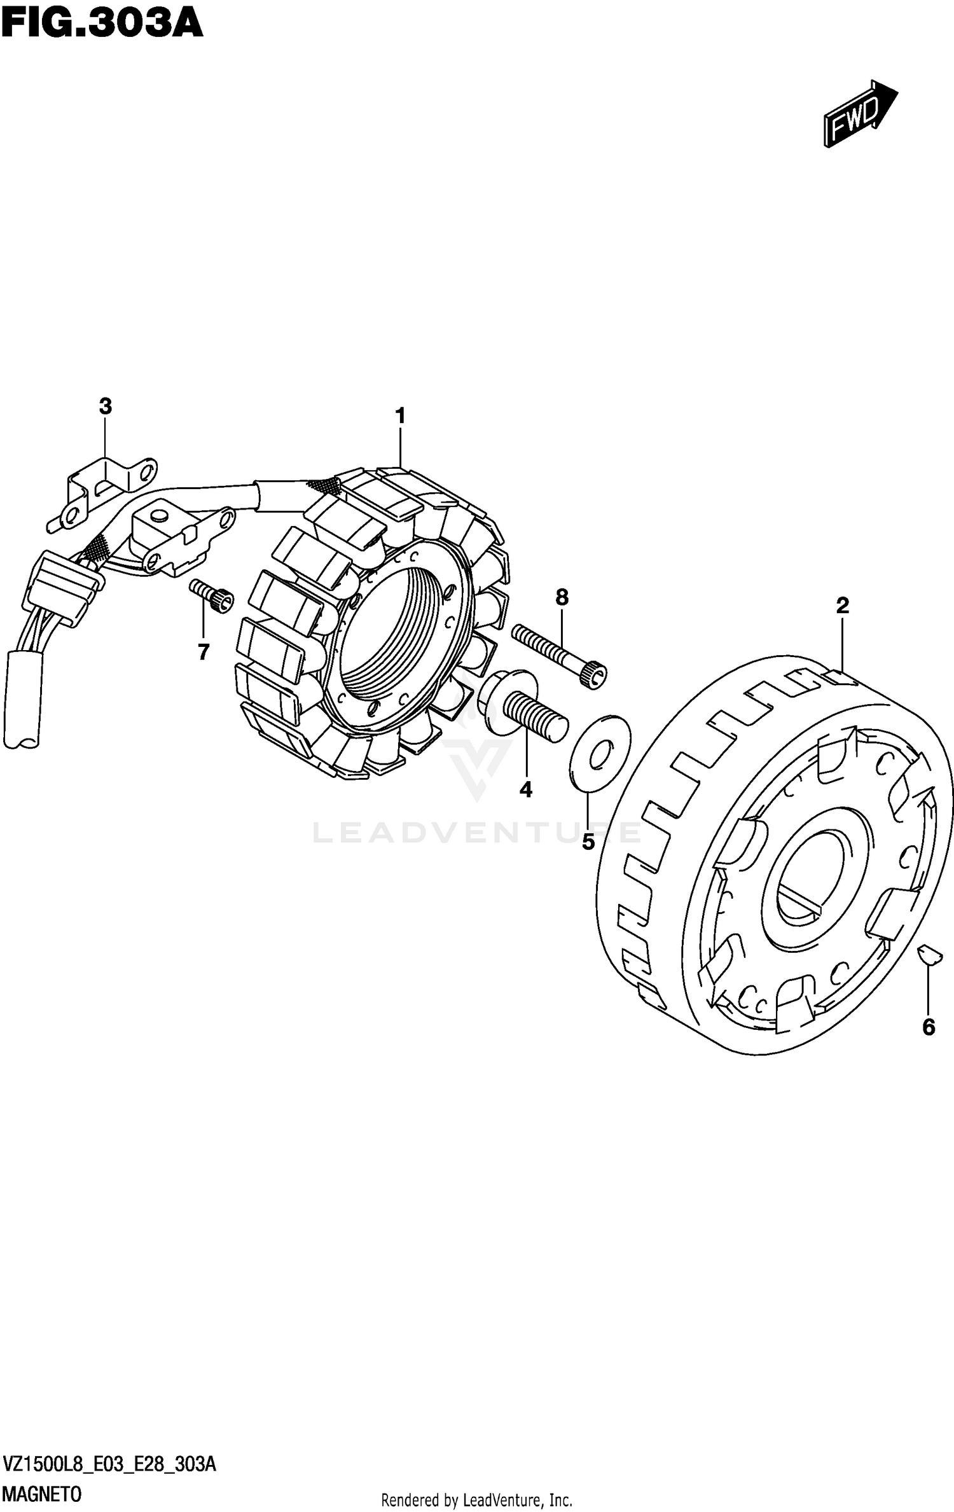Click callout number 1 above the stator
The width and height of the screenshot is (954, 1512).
click(x=400, y=417)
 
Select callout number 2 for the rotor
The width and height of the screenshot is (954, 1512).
click(x=842, y=606)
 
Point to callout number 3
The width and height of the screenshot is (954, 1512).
click(x=106, y=406)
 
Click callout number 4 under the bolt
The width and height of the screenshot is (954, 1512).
click(x=525, y=789)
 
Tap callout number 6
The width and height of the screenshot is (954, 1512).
click(x=929, y=1027)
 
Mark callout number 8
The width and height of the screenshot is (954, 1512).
click(x=562, y=597)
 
